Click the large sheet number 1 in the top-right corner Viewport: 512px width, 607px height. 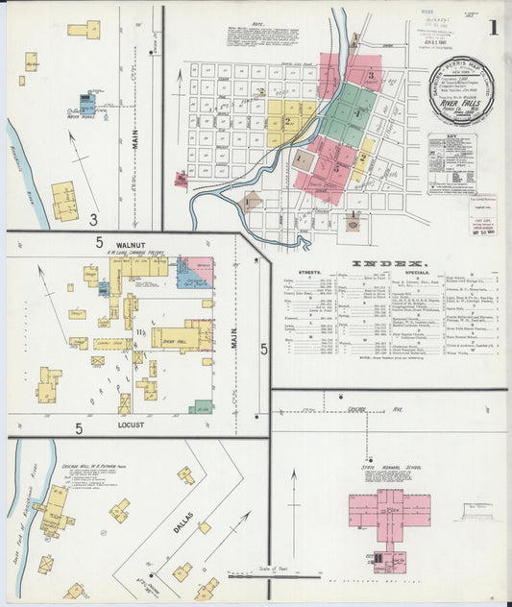[x=492, y=26]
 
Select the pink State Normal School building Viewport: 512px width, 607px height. [x=378, y=508]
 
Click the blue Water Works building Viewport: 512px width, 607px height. [x=87, y=102]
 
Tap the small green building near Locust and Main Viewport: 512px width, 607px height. [x=201, y=407]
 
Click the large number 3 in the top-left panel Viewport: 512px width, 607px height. [x=93, y=218]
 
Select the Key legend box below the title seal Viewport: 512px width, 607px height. [x=452, y=164]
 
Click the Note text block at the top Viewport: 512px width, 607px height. [x=272, y=37]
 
